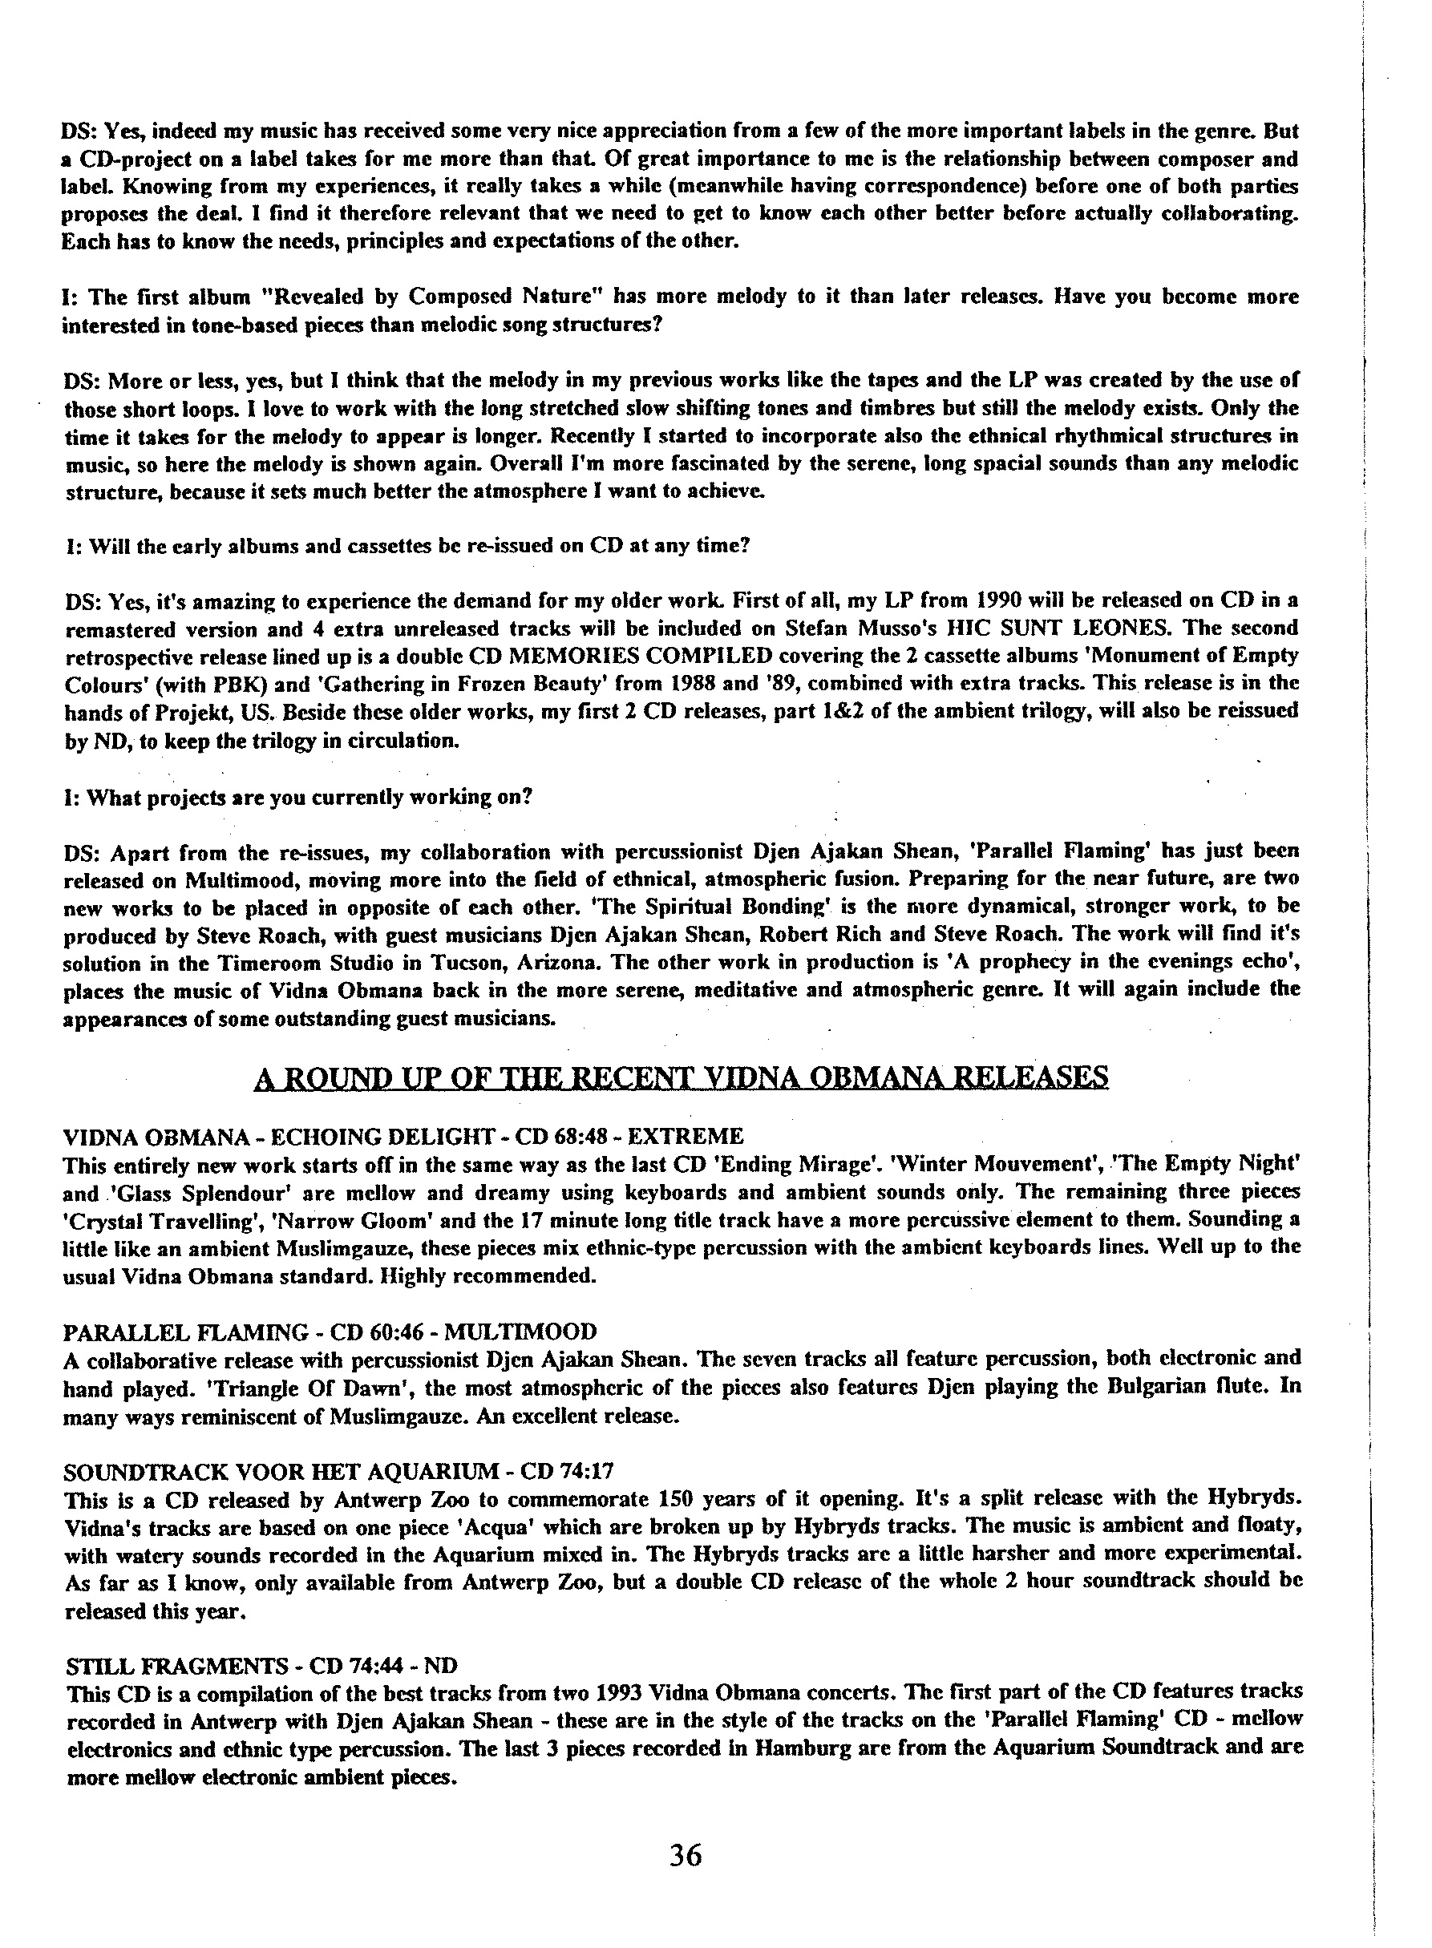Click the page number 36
tap(685, 1855)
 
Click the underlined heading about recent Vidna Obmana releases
tap(682, 1077)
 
